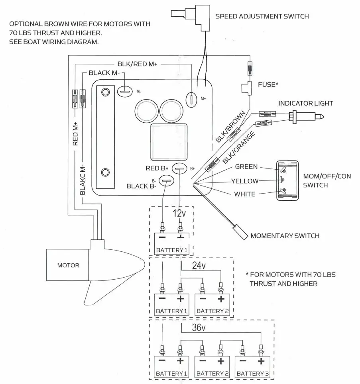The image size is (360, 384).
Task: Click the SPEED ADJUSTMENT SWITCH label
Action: click(x=262, y=16)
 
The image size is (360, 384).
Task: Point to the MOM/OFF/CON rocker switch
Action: click(x=287, y=180)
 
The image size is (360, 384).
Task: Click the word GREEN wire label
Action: click(x=246, y=167)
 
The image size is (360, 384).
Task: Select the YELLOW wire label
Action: click(x=245, y=181)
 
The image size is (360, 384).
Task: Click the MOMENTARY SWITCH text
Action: click(x=285, y=236)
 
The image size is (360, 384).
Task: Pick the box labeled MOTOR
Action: click(x=68, y=265)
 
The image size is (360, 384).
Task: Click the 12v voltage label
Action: click(x=179, y=213)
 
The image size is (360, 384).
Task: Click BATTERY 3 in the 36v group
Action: click(x=253, y=373)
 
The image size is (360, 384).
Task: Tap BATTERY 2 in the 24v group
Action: click(x=212, y=311)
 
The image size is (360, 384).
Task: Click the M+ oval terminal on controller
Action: click(x=192, y=98)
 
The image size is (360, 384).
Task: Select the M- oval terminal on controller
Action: click(x=124, y=91)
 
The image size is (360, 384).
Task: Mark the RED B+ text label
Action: click(x=157, y=168)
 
